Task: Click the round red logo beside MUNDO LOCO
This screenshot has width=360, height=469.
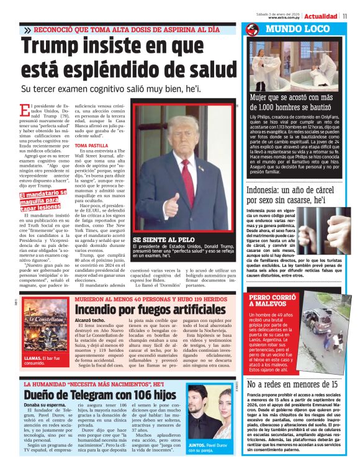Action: [252, 30]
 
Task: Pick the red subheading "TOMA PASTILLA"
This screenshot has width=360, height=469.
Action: [88, 145]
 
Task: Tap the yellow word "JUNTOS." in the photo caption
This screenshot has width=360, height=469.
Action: [197, 445]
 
